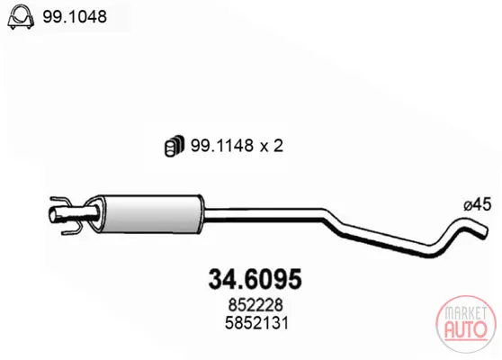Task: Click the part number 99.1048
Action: [75, 16]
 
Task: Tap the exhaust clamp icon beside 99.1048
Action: [21, 17]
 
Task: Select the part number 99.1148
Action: [222, 146]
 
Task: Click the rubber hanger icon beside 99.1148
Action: [175, 146]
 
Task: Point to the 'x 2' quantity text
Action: [272, 146]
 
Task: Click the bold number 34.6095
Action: [255, 279]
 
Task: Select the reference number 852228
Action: [255, 305]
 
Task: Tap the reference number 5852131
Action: [256, 323]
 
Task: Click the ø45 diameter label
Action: [477, 204]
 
